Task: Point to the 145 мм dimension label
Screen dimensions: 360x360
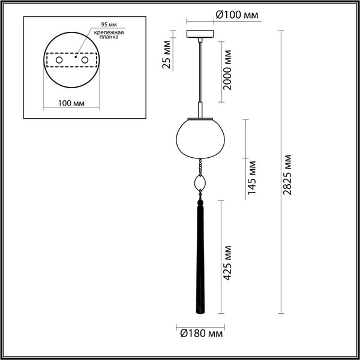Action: coord(252,177)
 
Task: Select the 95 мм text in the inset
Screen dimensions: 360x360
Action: coord(107,25)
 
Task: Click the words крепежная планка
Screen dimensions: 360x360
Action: coord(112,34)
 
